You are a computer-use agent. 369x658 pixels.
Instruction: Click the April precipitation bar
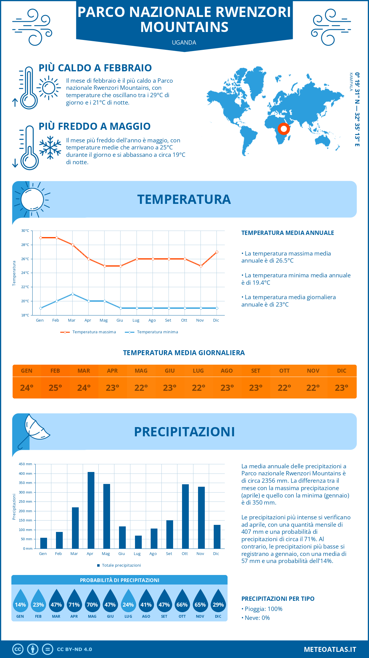pos(91,510)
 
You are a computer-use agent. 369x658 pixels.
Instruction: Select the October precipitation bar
pos(185,517)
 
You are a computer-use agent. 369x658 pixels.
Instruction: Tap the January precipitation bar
pos(44,543)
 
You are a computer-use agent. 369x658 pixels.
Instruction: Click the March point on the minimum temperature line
pos(73,294)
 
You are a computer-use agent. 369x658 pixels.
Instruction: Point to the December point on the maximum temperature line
pos(217,252)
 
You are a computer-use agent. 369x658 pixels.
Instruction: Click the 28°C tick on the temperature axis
pos(25,245)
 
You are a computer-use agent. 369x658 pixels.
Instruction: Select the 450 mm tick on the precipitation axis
pos(26,464)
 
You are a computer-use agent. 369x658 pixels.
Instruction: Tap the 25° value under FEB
pos(55,388)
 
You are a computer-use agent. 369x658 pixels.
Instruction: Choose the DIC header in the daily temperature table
pos(342,371)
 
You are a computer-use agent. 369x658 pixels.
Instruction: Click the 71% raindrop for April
pos(74,601)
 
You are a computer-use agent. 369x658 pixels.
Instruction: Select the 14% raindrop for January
pos(20,601)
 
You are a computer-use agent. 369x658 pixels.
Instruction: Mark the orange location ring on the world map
pos(284,129)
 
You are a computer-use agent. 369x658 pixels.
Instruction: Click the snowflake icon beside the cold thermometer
pos(50,148)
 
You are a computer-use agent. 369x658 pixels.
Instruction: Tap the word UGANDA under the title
pos(184,43)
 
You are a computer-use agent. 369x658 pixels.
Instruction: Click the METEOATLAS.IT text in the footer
pos(330,649)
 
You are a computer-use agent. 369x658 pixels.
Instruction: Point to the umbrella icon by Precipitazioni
pos(34,430)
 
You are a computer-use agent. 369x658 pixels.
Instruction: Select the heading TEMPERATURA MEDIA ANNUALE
pos(288,233)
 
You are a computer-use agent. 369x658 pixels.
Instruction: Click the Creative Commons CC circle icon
pos(18,649)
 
